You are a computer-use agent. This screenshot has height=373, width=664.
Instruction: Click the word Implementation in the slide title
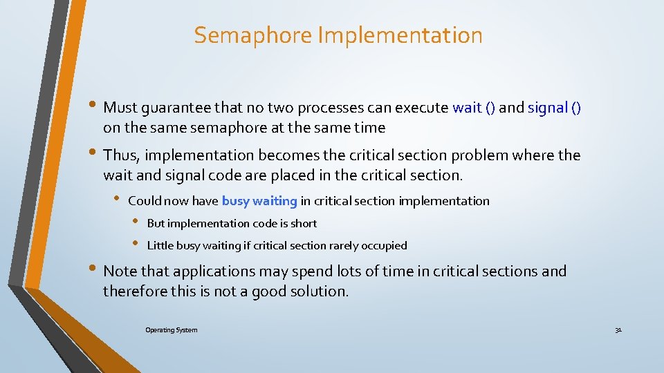pos(400,35)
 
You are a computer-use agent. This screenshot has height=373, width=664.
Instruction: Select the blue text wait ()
pos(473,107)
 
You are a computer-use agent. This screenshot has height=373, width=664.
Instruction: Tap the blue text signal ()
pos(554,107)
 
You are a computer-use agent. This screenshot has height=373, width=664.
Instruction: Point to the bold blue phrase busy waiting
pos(259,201)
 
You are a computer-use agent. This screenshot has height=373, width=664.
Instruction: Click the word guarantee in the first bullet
pos(177,108)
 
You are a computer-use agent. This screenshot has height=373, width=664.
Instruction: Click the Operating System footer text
pos(171,330)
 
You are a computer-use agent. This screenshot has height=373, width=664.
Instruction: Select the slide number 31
pos(618,330)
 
